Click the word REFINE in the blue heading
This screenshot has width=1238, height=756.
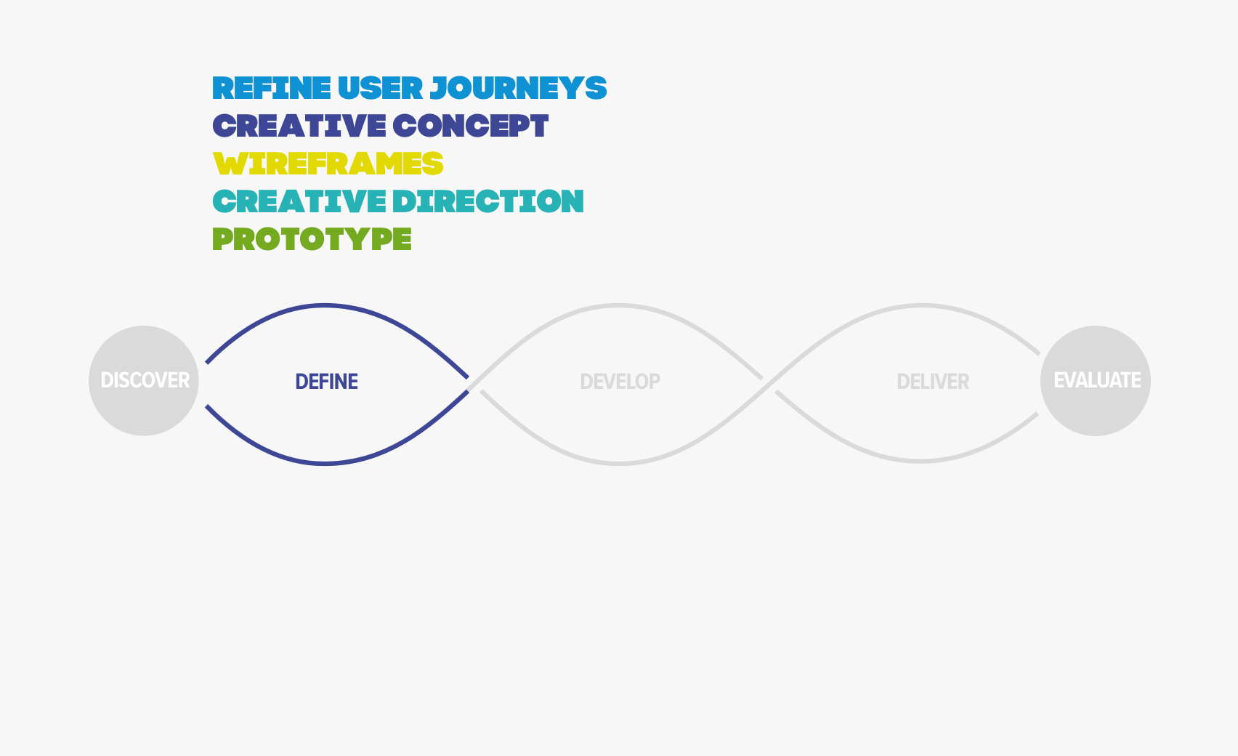click(x=272, y=88)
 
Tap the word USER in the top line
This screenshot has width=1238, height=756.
click(x=380, y=88)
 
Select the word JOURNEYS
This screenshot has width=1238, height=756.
click(x=518, y=88)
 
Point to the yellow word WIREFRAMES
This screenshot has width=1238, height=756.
click(x=328, y=163)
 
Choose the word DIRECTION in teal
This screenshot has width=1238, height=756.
click(x=488, y=201)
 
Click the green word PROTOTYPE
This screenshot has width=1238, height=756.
click(x=312, y=239)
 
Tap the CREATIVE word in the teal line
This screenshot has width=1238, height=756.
click(x=299, y=201)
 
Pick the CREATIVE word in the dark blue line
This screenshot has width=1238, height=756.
click(x=299, y=126)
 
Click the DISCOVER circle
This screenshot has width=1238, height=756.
click(x=144, y=380)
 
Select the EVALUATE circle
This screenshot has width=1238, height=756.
click(x=1096, y=380)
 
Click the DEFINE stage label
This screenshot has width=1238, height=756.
click(x=327, y=382)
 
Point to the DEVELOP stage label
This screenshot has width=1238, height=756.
click(x=620, y=382)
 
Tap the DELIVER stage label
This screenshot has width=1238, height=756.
click(x=933, y=382)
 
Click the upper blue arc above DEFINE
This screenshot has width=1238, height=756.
click(x=325, y=305)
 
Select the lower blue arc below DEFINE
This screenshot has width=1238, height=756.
click(x=325, y=464)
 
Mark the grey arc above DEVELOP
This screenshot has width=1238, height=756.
click(x=618, y=305)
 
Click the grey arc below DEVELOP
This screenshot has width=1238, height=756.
click(x=618, y=464)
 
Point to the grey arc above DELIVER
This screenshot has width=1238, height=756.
click(x=921, y=305)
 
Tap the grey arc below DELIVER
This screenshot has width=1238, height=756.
click(x=921, y=461)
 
